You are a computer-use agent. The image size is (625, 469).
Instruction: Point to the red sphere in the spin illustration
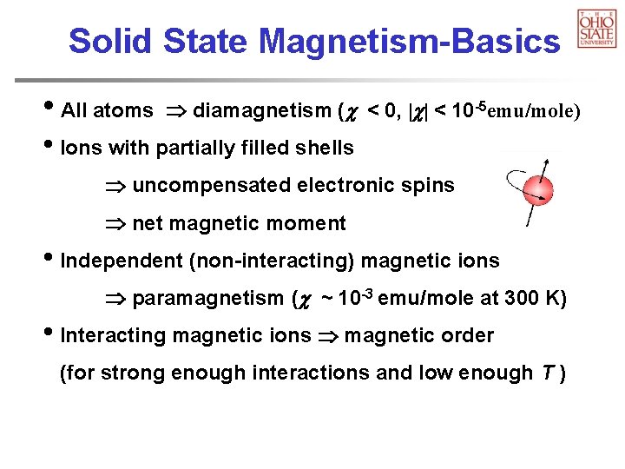point(540,191)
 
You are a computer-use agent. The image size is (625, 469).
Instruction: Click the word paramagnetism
point(207,299)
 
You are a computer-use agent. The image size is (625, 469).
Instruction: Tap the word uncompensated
point(212,186)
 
